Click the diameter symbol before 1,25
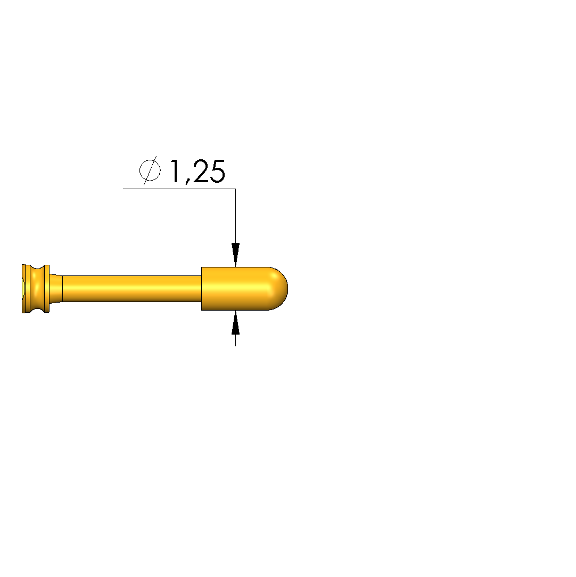point(150,170)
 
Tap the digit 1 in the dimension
point(174,171)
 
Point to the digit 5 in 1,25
point(217,171)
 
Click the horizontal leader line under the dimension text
point(179,189)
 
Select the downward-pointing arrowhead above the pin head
point(236,255)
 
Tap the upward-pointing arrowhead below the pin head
point(236,323)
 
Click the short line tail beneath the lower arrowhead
point(236,340)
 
